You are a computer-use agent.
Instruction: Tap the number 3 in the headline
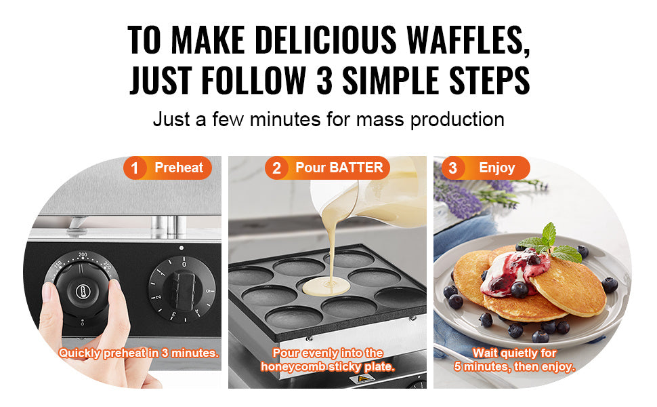324,80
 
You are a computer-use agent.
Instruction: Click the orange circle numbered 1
135,168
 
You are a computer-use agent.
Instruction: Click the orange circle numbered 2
276,168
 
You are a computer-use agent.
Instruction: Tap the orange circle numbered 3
452,168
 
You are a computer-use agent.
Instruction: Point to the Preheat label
179,168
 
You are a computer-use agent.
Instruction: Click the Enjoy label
497,168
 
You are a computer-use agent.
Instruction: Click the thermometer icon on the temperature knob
83,291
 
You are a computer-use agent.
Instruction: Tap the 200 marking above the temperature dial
83,254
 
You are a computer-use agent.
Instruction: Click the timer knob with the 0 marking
183,289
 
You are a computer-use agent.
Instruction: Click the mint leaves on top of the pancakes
551,244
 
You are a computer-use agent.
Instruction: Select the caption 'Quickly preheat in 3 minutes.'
139,353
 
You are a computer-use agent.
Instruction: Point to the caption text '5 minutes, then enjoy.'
515,367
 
